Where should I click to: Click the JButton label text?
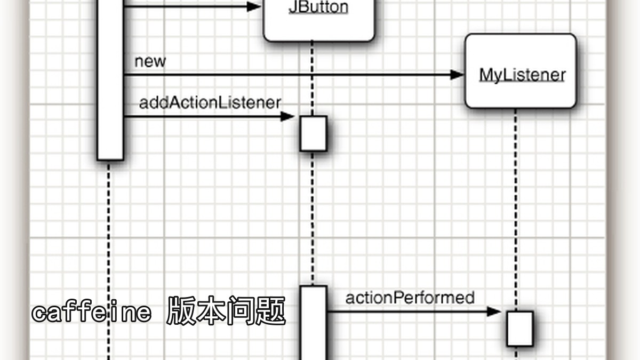pyautogui.click(x=318, y=7)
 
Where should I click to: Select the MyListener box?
pyautogui.click(x=521, y=71)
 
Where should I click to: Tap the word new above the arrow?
pyautogui.click(x=150, y=61)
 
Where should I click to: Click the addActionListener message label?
pyautogui.click(x=210, y=102)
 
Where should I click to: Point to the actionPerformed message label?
pyautogui.click(x=410, y=298)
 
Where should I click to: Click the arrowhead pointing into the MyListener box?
pyautogui.click(x=457, y=75)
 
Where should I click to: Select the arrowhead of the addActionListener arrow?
pyautogui.click(x=287, y=117)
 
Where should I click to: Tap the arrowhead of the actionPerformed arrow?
pyautogui.click(x=494, y=311)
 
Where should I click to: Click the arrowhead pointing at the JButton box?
pyautogui.click(x=254, y=6)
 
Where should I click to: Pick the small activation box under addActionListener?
pyautogui.click(x=314, y=133)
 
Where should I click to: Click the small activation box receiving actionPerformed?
pyautogui.click(x=520, y=329)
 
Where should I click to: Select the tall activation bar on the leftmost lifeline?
pyautogui.click(x=110, y=80)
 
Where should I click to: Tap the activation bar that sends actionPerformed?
pyautogui.click(x=314, y=323)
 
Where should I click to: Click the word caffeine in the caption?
pyautogui.click(x=91, y=312)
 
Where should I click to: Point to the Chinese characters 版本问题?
pyautogui.click(x=226, y=311)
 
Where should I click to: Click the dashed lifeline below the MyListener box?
pyautogui.click(x=516, y=210)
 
